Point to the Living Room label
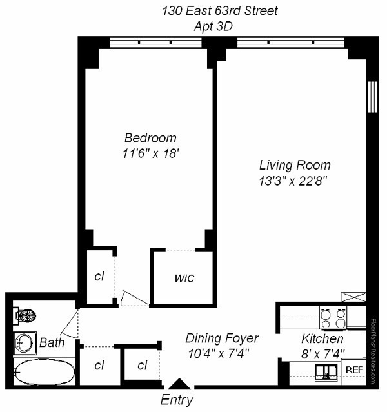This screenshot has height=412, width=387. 295,164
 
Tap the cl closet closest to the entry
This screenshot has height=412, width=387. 143,366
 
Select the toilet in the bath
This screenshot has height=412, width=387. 26,316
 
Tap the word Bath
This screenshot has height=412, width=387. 52,342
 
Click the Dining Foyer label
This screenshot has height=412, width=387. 222,338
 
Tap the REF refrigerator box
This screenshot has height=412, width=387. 354,369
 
